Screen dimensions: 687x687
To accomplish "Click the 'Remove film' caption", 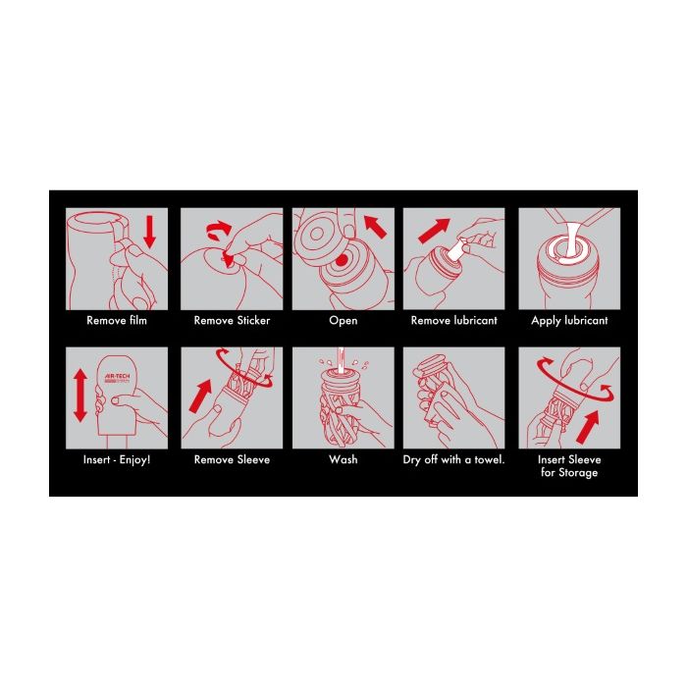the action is [x=117, y=320].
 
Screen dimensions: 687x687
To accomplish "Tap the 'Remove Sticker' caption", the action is [x=232, y=320].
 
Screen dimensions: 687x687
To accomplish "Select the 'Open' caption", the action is [x=343, y=321].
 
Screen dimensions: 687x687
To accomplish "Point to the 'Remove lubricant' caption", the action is [x=453, y=320].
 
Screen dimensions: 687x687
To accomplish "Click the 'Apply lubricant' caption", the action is [x=569, y=321].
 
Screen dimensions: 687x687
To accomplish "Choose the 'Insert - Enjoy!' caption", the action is [x=117, y=460].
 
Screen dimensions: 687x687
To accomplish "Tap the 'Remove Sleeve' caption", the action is [x=232, y=459].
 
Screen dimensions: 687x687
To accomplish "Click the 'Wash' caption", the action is [x=343, y=459].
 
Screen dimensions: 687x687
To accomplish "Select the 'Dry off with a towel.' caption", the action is [x=453, y=460].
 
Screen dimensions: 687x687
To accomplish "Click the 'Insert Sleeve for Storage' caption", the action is [x=569, y=466].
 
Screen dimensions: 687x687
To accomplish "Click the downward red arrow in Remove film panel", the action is [x=150, y=233].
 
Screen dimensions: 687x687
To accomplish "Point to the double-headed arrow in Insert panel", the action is [x=80, y=396].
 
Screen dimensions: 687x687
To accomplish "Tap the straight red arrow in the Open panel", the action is [x=375, y=227].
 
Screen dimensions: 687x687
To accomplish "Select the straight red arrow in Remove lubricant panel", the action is [x=434, y=231].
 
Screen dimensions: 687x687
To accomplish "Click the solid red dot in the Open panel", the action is [x=342, y=261].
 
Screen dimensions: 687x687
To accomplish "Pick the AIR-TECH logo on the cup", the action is [x=117, y=378].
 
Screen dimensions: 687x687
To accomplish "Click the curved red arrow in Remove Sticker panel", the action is [x=218, y=230].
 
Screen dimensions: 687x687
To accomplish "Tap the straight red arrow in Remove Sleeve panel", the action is [x=200, y=396].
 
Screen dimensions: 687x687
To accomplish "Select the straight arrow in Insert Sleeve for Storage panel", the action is [x=588, y=427].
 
